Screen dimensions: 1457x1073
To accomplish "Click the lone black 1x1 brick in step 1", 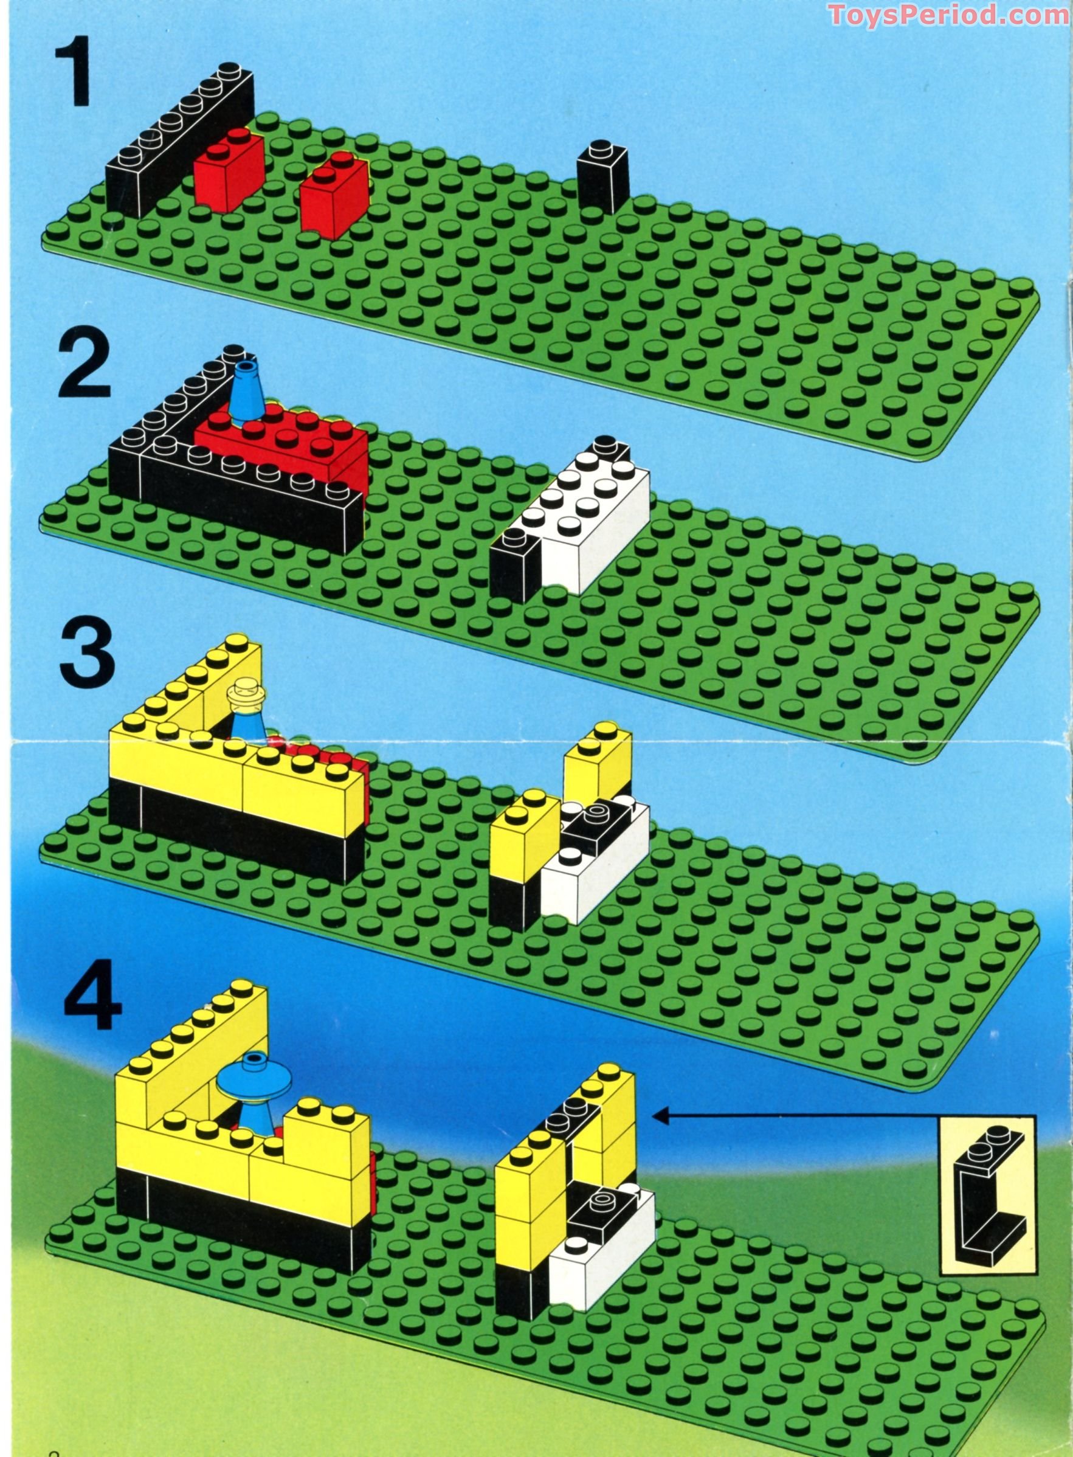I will [x=602, y=178].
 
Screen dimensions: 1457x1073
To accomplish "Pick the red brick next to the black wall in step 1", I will [x=228, y=169].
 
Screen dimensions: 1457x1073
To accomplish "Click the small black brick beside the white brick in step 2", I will [x=514, y=565].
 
